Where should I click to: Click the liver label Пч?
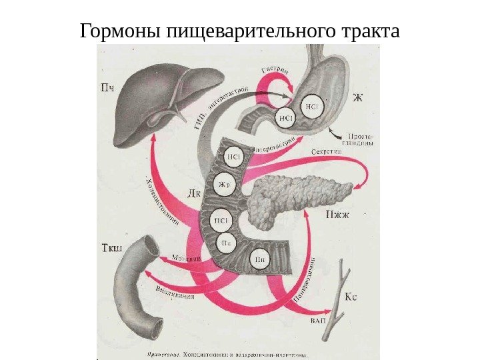[107, 86]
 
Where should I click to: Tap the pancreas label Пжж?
[337, 214]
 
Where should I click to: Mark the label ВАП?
[319, 321]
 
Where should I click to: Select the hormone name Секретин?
[327, 152]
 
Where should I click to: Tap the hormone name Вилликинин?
[175, 291]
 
